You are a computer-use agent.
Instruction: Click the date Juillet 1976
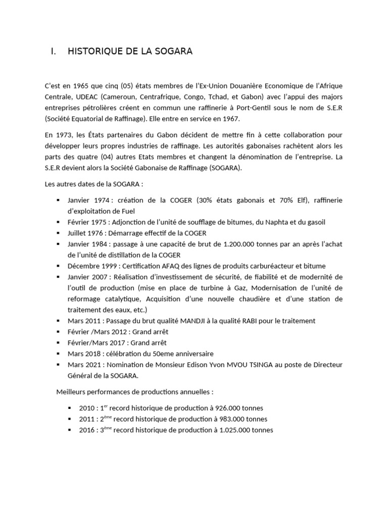point(84,233)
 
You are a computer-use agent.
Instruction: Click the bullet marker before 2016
point(70,430)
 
